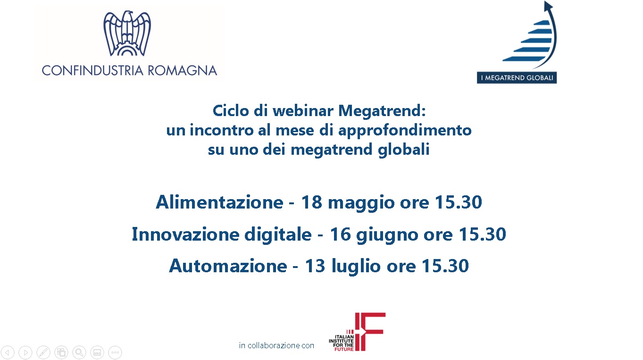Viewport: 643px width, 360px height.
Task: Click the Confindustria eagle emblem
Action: click(x=127, y=33)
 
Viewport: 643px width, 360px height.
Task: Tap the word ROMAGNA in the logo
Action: click(x=182, y=71)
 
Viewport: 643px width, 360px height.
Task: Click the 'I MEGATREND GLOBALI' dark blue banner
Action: click(x=517, y=77)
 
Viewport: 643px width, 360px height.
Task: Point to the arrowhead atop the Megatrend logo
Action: click(x=548, y=6)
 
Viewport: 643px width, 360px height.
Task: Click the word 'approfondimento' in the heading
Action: click(x=405, y=131)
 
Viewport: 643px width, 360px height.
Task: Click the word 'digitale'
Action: click(x=278, y=234)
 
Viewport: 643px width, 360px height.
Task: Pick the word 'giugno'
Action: click(x=387, y=235)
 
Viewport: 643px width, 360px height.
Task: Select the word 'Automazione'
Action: click(x=228, y=266)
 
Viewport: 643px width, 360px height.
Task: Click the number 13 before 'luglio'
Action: click(x=315, y=266)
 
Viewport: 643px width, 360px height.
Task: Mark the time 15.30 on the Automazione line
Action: click(x=445, y=266)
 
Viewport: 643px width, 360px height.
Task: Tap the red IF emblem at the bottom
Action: click(x=370, y=332)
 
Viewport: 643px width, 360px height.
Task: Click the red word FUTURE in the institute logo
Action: click(x=344, y=349)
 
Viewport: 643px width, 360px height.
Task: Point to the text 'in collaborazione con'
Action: click(x=276, y=345)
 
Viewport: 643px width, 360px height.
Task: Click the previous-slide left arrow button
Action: click(x=8, y=352)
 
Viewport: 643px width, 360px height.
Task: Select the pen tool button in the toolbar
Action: click(x=43, y=352)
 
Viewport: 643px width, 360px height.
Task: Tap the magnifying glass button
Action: click(x=79, y=352)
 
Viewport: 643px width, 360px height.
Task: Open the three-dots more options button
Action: click(x=115, y=352)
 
